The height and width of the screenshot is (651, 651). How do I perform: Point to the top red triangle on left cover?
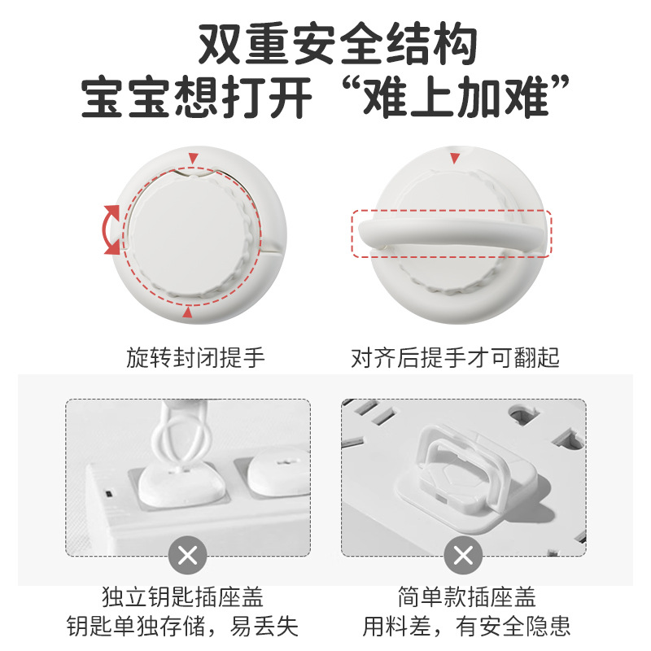pyautogui.click(x=192, y=157)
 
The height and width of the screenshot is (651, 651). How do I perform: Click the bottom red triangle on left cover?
pyautogui.click(x=188, y=312)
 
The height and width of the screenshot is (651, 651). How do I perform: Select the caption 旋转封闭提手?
pyautogui.click(x=195, y=357)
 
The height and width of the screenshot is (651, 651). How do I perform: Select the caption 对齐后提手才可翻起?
pyautogui.click(x=456, y=357)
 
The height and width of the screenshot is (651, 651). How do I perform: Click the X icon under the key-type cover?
pyautogui.click(x=188, y=557)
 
